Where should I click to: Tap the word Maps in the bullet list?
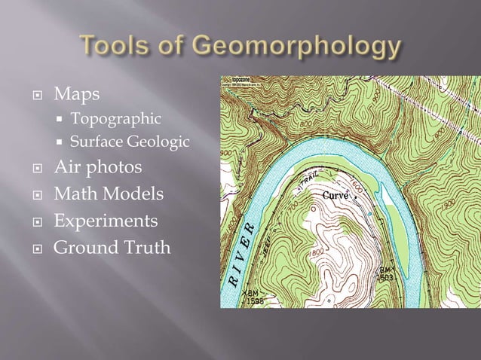point(77,96)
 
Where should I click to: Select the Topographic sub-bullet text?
point(115,119)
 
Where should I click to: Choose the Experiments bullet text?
point(106,221)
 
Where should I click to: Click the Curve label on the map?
point(335,196)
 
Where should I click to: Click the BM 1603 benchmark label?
point(387,273)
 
